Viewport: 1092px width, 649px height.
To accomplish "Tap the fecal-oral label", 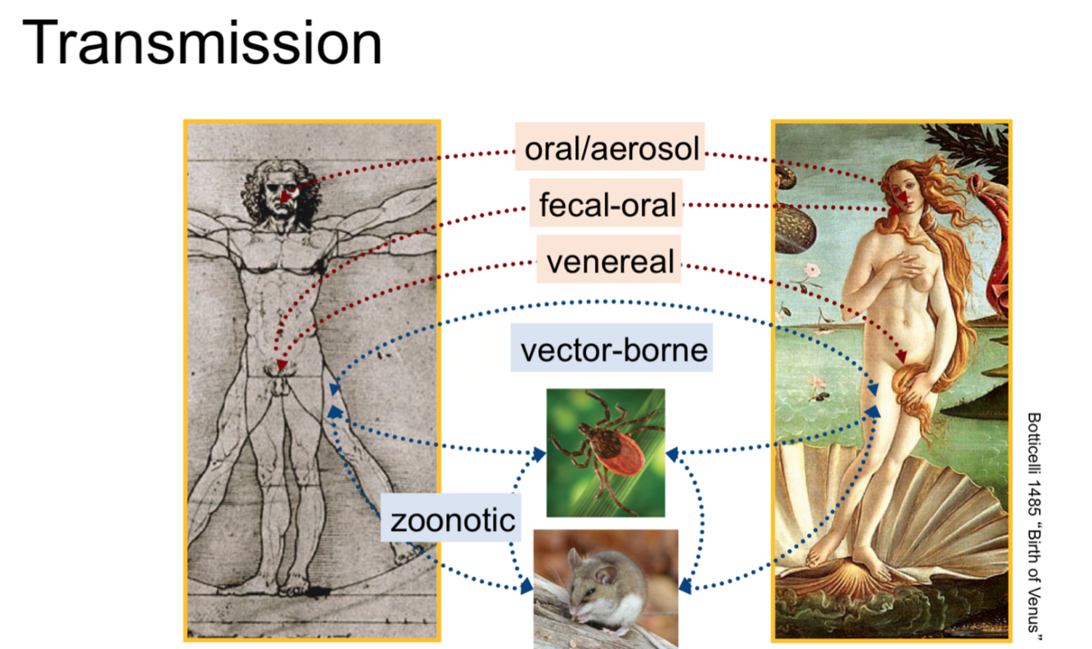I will [x=607, y=204].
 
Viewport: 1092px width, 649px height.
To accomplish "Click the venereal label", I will [x=609, y=261].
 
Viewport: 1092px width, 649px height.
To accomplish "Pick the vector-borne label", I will [x=613, y=349].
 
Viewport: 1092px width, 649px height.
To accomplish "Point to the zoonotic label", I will [x=452, y=520].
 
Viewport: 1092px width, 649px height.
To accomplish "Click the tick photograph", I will [x=606, y=452].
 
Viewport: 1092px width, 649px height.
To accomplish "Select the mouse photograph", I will [x=606, y=588].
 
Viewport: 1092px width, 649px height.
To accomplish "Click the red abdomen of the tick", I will [x=620, y=463].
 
